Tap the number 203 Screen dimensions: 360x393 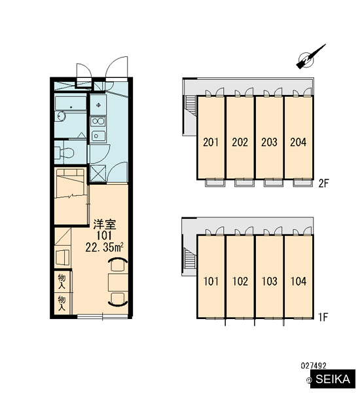click(269, 142)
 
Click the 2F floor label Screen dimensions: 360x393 click(323, 183)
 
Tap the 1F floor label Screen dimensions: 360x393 click(323, 317)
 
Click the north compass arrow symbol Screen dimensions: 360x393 click(310, 57)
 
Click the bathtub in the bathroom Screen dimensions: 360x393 click(71, 103)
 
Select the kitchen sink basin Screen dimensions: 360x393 click(98, 136)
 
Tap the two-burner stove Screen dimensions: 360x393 click(98, 122)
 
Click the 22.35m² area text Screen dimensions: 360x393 click(104, 248)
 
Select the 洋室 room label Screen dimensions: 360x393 click(105, 224)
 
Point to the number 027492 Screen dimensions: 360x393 click(314, 365)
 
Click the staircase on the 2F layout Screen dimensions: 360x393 click(190, 105)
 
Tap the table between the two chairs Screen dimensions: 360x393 click(118, 282)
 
